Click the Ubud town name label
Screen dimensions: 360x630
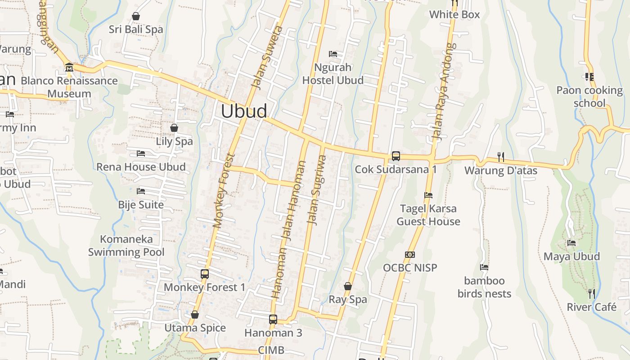[244, 111]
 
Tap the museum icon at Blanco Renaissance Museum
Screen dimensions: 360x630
[69, 67]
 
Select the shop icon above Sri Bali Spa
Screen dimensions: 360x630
[136, 17]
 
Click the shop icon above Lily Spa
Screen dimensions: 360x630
[174, 128]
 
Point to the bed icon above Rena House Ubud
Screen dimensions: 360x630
[141, 153]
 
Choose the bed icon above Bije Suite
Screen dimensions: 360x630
[141, 191]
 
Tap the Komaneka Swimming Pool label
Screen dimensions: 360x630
[126, 245]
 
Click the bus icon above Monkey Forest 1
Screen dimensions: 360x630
[205, 274]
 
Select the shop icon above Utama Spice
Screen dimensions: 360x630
[195, 315]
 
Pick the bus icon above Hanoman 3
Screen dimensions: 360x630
[273, 319]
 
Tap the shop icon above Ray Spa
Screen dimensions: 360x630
[348, 286]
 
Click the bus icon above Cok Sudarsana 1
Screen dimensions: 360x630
[396, 156]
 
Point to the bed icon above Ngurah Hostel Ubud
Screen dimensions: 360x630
[333, 54]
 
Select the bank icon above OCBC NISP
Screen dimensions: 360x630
[409, 255]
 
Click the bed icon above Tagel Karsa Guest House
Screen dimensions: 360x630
[428, 195]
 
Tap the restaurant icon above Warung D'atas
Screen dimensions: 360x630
[500, 157]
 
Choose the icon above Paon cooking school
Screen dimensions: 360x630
[589, 77]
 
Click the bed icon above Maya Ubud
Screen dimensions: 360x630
[571, 243]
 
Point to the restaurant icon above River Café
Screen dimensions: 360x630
[592, 294]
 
